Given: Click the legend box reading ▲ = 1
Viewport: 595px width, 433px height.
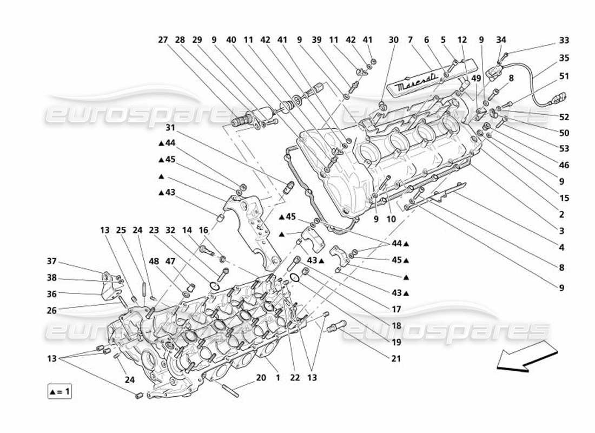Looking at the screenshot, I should pyautogui.click(x=59, y=391).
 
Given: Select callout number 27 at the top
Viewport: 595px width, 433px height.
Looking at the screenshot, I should pyautogui.click(x=163, y=40).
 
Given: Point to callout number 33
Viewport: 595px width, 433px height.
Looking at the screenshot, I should pyautogui.click(x=564, y=40).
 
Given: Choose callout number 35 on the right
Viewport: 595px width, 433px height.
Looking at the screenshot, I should pyautogui.click(x=564, y=58).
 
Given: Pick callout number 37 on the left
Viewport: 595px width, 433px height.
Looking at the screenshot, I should pyautogui.click(x=51, y=262).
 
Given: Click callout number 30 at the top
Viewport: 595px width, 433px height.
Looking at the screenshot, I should pyautogui.click(x=394, y=40).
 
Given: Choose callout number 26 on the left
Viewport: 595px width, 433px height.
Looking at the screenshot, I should pyautogui.click(x=51, y=310).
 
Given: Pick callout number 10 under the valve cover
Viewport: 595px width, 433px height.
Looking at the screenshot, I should pyautogui.click(x=392, y=219).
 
